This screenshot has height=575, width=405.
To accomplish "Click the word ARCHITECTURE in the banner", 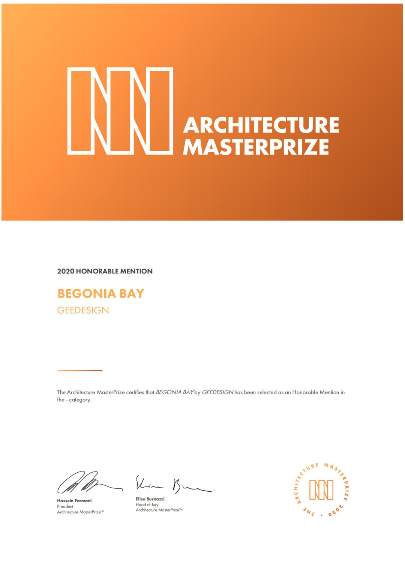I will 261,125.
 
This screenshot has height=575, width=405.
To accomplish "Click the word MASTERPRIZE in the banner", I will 256,147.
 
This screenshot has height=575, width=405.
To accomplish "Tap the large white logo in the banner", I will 120,111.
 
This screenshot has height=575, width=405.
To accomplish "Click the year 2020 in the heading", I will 66,271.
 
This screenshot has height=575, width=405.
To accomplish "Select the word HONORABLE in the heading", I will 97,271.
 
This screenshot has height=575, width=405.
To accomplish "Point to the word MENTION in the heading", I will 136,271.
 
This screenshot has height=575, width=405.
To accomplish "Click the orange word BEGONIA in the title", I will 87,293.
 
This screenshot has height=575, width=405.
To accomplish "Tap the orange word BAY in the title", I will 132,293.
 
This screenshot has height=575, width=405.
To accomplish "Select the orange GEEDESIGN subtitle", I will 83,310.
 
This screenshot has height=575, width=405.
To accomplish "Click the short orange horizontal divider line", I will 80,371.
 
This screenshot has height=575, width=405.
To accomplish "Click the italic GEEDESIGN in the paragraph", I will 217,392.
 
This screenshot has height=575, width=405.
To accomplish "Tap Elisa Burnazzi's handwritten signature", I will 172,484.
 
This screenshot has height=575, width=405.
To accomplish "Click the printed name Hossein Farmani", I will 74,501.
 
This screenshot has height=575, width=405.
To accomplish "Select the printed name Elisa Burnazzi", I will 150,499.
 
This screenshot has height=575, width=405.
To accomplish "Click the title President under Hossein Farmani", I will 65,506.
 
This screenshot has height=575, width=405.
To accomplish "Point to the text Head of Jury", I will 147,504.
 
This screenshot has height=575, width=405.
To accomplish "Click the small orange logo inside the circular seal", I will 321,490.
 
